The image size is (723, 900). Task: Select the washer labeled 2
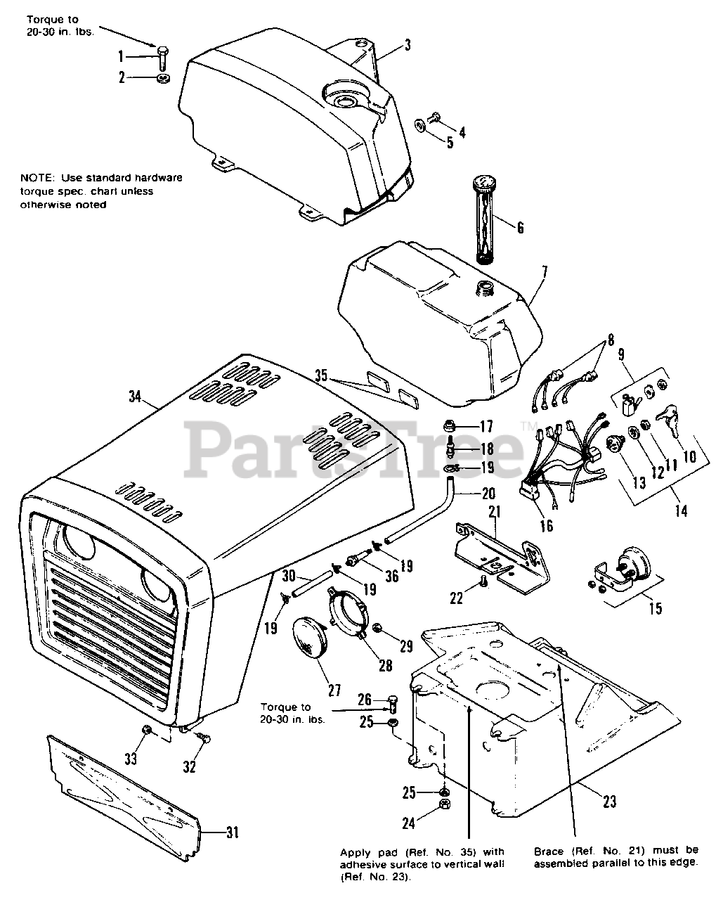(162, 77)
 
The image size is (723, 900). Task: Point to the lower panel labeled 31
(126, 795)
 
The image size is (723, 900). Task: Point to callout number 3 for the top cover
(407, 46)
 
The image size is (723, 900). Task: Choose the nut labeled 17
(450, 425)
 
